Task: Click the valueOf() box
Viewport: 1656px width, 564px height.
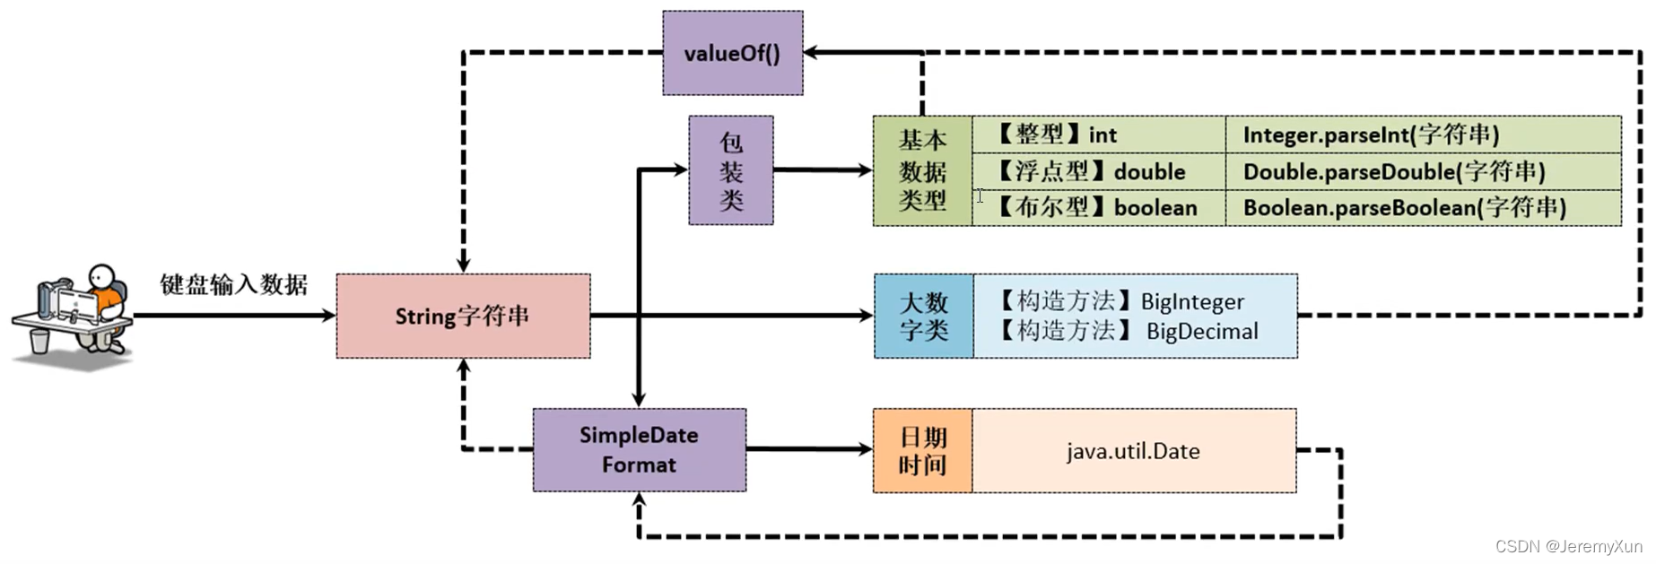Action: click(732, 53)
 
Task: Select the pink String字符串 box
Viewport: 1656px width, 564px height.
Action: click(463, 316)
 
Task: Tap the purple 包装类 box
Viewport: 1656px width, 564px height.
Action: click(730, 170)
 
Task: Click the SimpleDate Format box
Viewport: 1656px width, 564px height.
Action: click(639, 449)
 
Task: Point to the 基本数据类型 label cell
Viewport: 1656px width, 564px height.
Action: click(922, 170)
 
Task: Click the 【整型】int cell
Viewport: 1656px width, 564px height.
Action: click(1098, 134)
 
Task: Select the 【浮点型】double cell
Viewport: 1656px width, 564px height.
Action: click(1098, 171)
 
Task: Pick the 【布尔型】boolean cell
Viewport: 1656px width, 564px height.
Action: click(1098, 208)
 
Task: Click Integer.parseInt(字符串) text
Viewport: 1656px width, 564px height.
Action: click(1371, 134)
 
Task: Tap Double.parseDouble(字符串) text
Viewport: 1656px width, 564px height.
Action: click(1393, 171)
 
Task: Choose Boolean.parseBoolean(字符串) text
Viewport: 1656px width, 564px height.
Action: click(1404, 208)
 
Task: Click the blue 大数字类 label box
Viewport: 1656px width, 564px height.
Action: click(923, 316)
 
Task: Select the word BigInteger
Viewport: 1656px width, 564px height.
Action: click(1192, 302)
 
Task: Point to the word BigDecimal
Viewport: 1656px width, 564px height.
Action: click(1202, 332)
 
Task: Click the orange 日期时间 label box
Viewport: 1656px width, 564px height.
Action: click(922, 450)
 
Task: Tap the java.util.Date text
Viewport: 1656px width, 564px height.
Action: click(1133, 451)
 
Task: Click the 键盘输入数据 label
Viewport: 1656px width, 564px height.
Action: click(233, 285)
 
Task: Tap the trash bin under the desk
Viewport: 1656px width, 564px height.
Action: click(39, 341)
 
